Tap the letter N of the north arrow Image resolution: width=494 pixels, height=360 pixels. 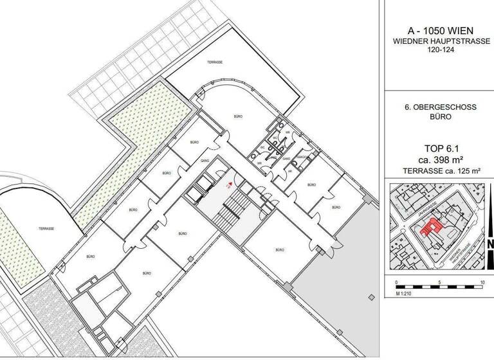[490, 244]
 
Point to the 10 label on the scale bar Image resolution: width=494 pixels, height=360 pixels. [482, 283]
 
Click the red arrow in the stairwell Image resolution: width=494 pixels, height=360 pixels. [227, 183]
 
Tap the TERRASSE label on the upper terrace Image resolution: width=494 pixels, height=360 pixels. [214, 62]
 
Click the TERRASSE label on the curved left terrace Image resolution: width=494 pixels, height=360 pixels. [45, 229]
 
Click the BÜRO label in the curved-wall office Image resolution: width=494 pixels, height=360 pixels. [238, 117]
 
